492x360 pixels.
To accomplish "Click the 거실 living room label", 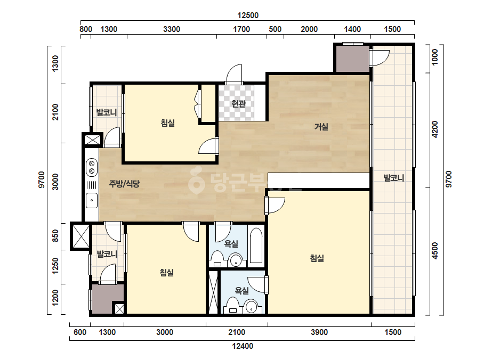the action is (321, 127).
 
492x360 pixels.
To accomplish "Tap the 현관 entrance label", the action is (238, 103).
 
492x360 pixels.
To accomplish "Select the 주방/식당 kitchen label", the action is (124, 183).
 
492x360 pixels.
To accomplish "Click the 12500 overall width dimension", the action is (248, 15).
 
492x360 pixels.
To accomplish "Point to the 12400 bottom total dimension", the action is (243, 346).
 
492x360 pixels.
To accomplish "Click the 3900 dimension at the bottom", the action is (319, 332).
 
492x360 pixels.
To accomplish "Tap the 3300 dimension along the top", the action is (172, 29).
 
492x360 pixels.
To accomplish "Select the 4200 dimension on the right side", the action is (434, 129).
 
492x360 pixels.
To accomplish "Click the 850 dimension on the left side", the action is (55, 236).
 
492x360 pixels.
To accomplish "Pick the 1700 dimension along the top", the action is (241, 29).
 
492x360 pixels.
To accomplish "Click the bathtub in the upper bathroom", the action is (256, 246).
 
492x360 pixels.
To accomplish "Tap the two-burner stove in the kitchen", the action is (92, 167).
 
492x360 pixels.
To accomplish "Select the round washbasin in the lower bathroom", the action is (252, 307).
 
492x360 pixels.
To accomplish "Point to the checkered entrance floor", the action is (236, 103).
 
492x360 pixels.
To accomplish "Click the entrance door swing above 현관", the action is (235, 75).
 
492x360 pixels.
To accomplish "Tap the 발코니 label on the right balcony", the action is (393, 178).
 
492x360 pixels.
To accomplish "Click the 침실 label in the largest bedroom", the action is (317, 258).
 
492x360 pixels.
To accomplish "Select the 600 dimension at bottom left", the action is (80, 332).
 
